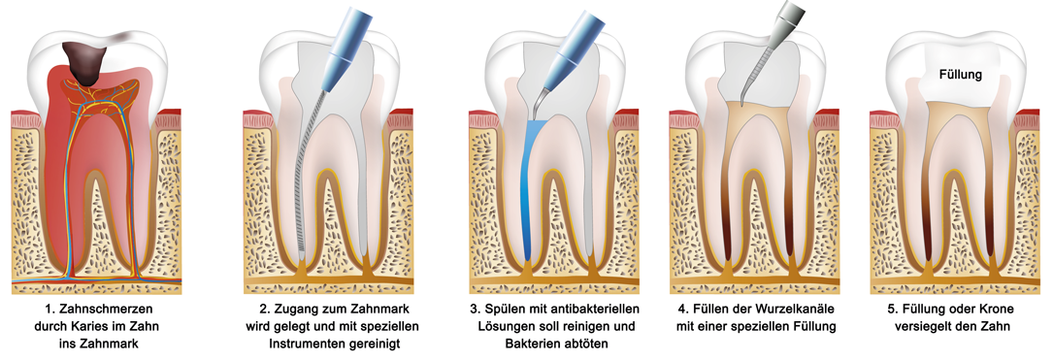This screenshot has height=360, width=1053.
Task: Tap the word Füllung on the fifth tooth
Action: coord(961,74)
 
